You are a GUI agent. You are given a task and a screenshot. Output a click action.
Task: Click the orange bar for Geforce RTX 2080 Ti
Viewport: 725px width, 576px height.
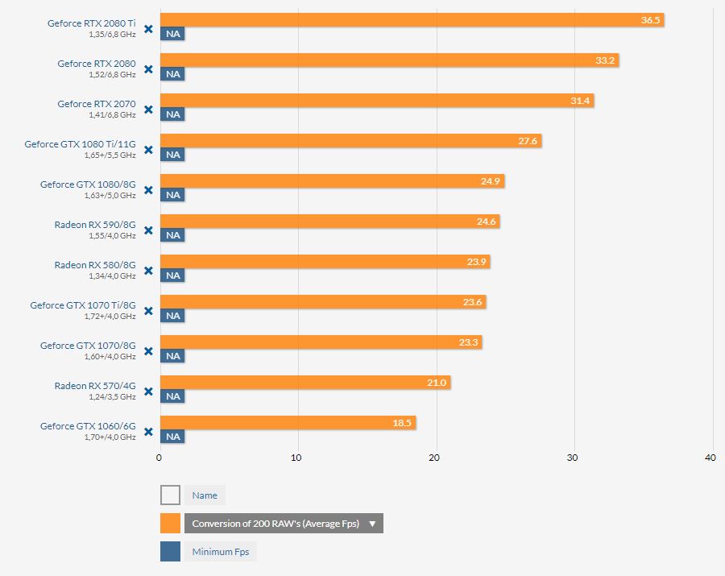point(412,20)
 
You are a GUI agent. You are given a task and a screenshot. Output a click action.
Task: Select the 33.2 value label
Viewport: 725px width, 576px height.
point(605,60)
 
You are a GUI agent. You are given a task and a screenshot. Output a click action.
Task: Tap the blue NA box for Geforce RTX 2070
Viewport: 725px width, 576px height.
point(172,114)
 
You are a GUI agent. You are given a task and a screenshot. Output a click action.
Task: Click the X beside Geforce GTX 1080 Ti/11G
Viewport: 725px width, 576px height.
point(148,150)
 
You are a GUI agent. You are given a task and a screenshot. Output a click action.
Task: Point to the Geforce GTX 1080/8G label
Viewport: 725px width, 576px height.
point(88,184)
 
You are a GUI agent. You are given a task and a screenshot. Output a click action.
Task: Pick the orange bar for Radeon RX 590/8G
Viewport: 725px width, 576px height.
point(330,222)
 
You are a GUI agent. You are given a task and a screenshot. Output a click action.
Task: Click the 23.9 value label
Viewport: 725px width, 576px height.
point(476,262)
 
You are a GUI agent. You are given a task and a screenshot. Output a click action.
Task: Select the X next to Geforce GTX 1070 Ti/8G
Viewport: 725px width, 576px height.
point(148,311)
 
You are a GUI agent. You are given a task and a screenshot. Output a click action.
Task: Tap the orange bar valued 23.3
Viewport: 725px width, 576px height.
point(321,342)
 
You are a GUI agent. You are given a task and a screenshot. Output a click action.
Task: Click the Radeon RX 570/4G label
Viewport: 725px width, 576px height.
point(95,386)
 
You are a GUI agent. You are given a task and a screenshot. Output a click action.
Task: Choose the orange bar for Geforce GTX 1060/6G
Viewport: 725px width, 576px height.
point(288,422)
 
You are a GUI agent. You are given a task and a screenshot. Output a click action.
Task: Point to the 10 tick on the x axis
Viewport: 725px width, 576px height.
point(296,458)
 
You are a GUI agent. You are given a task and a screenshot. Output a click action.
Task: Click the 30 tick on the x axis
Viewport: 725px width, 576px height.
point(573,458)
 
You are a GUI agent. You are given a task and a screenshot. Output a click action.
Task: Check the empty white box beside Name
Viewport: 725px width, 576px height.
point(170,495)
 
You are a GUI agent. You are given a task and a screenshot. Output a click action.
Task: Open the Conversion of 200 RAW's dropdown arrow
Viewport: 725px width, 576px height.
point(372,524)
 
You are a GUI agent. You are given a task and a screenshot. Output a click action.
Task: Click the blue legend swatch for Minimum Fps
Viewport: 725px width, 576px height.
point(170,552)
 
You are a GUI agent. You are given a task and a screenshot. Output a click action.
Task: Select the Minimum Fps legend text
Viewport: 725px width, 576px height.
point(221,552)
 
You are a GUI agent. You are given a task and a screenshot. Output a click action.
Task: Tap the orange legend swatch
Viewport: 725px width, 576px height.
point(170,524)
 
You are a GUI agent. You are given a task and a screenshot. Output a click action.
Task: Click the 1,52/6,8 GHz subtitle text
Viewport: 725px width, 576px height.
point(112,74)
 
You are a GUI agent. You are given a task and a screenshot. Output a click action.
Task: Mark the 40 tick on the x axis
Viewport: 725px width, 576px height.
point(710,458)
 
